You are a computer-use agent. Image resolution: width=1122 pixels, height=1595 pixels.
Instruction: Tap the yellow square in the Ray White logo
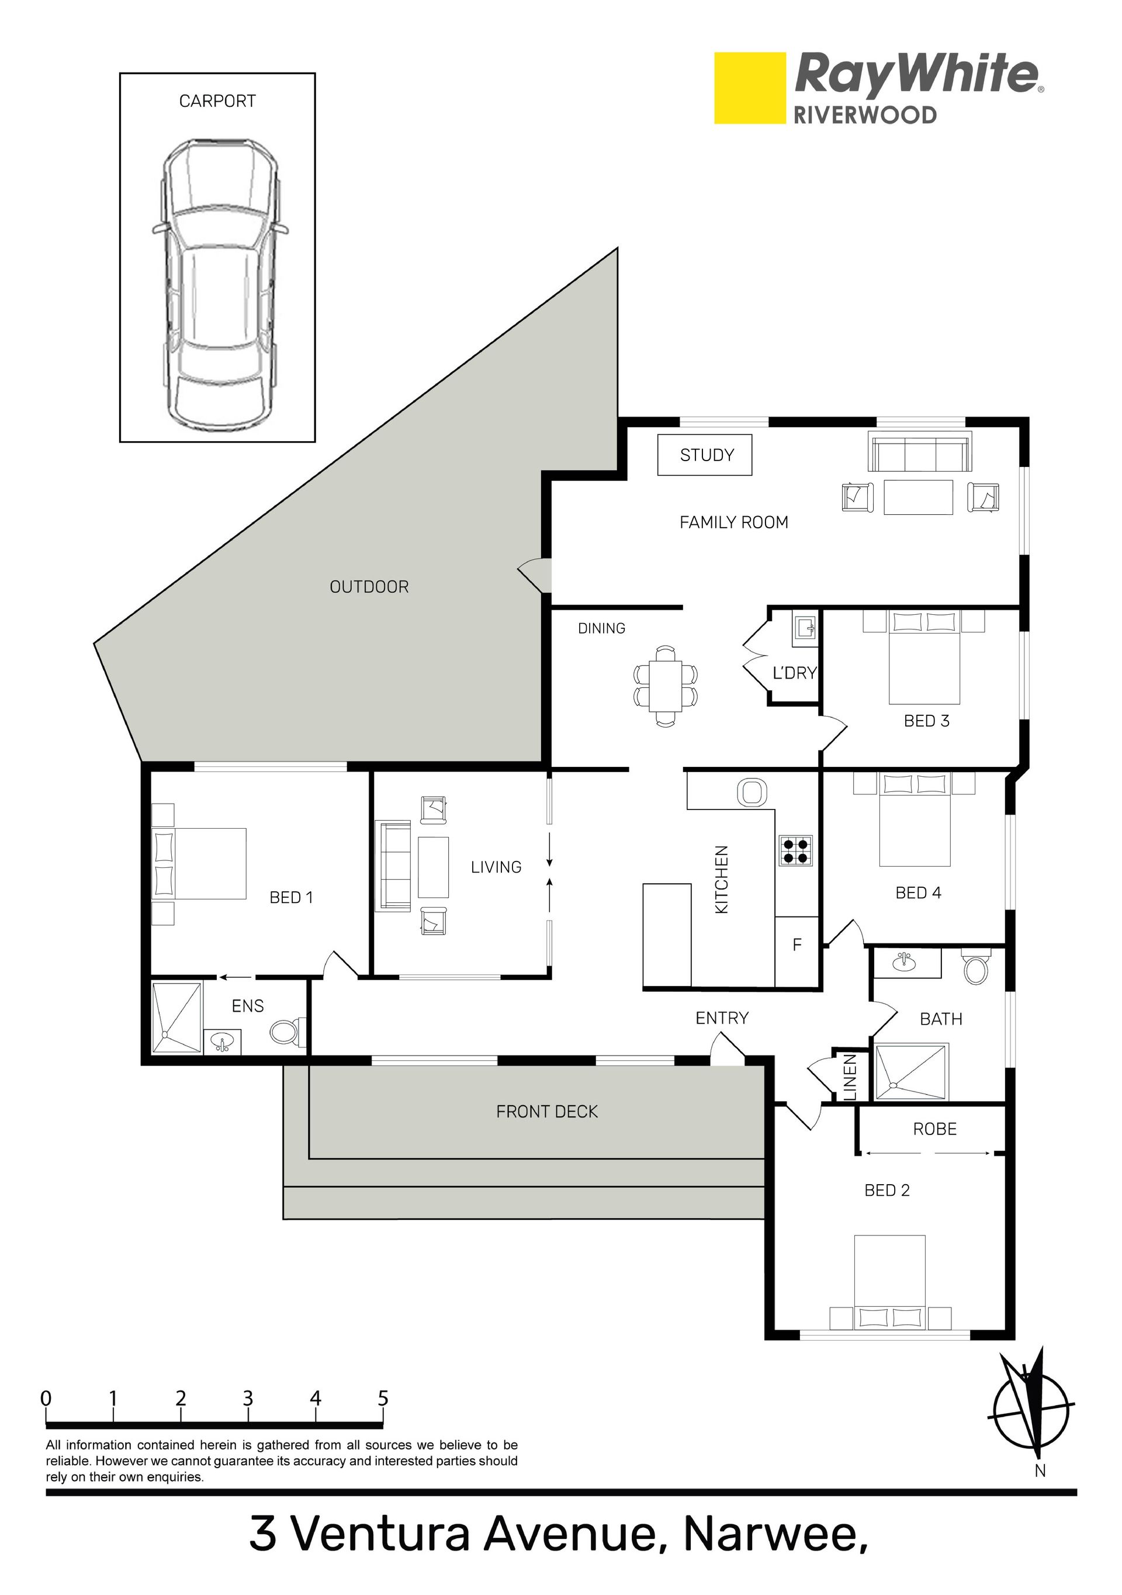point(750,88)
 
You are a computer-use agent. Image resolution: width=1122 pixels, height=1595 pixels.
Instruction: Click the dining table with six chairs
point(665,686)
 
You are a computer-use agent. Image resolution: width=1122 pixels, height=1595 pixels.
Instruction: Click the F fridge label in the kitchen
point(797,944)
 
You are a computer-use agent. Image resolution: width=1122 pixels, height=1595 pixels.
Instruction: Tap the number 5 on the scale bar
point(383,1397)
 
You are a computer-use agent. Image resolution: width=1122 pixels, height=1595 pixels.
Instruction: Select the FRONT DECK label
point(547,1112)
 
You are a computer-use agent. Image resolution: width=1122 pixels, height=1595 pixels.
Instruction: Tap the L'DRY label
point(794,673)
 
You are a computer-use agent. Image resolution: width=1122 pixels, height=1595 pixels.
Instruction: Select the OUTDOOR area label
point(369,587)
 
